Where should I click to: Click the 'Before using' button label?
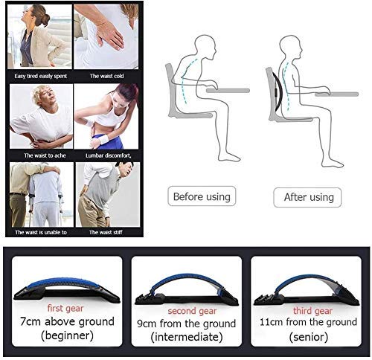point(201,197)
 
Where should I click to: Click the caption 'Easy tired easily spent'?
point(39,76)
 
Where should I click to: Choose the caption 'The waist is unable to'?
point(41,232)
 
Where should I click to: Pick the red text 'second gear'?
point(187,309)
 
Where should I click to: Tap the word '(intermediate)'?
point(187,338)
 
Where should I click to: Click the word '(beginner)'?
point(65,336)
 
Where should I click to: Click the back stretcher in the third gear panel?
point(305,286)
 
